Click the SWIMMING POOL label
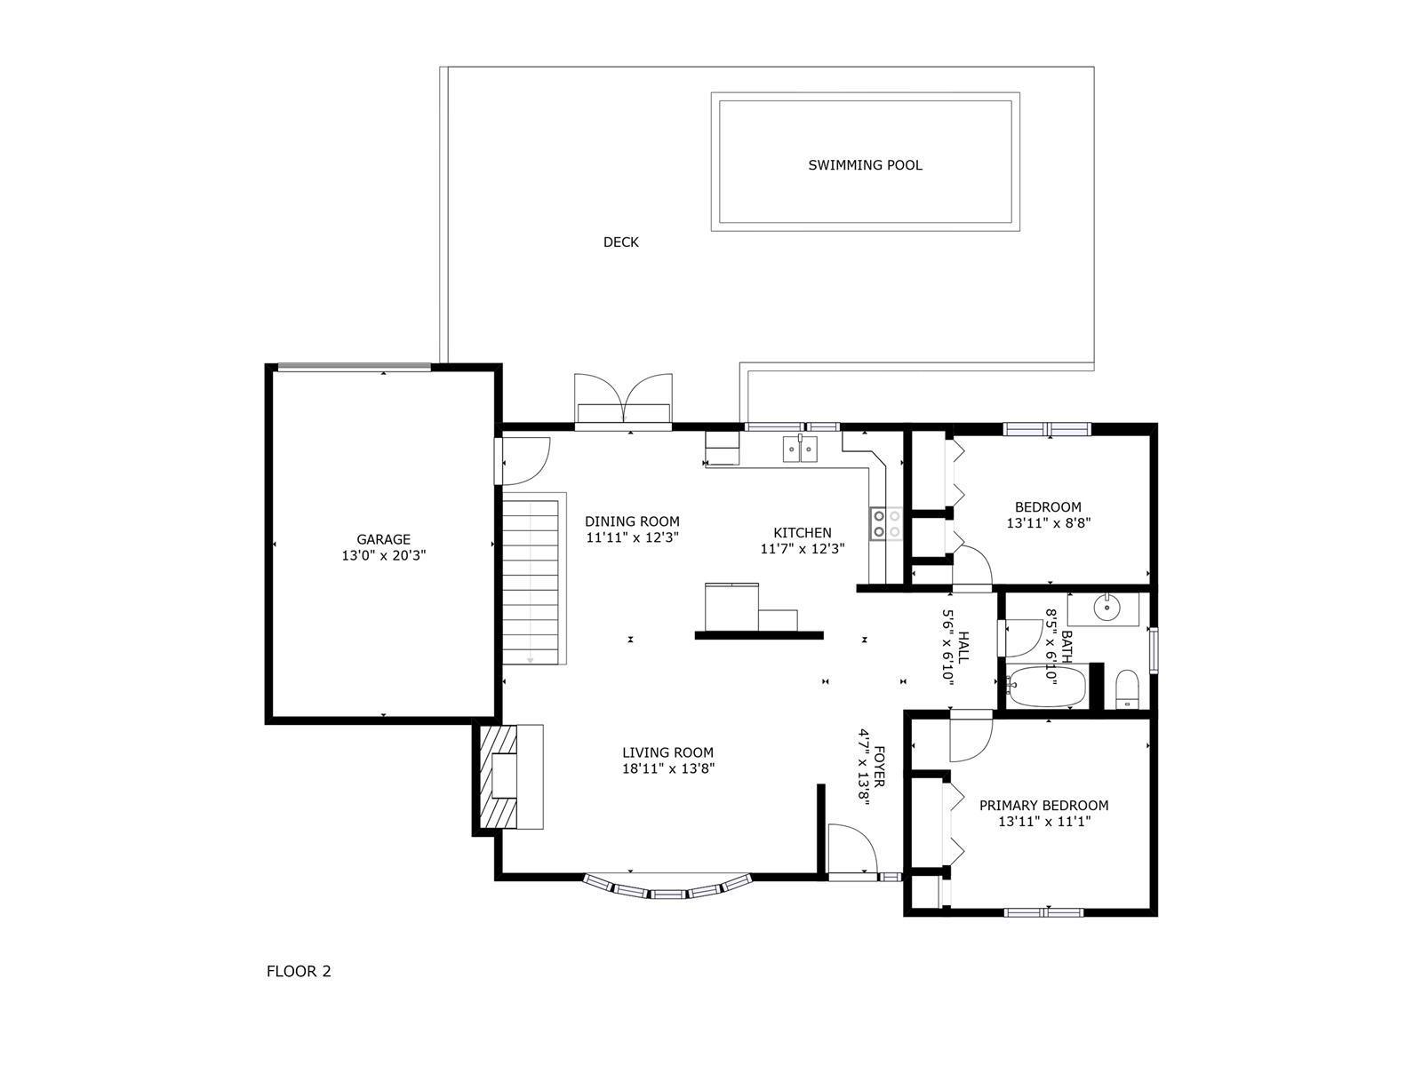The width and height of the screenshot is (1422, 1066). point(864,165)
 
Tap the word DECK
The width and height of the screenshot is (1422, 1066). point(620,242)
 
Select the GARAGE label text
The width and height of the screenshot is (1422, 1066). point(384,539)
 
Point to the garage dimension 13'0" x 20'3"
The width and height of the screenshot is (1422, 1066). point(384,555)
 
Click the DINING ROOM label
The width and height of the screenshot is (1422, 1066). point(632,521)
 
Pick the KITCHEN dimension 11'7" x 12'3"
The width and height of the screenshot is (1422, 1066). point(802,549)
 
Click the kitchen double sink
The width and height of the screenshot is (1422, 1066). point(800,449)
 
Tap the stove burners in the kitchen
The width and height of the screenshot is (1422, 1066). point(886,523)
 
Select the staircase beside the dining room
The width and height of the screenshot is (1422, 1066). point(531,581)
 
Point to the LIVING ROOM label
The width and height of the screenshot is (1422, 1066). point(668,752)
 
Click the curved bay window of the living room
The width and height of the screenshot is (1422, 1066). point(668,888)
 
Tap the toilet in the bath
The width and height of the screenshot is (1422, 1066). point(1127,690)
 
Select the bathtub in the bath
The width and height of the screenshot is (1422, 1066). point(1045,686)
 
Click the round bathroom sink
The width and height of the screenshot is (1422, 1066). point(1106,607)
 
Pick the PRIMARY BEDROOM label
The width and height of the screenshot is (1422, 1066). point(1043,806)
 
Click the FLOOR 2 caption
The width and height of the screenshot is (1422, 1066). point(299,972)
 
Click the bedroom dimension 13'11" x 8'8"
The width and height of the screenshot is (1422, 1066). point(1049,523)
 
